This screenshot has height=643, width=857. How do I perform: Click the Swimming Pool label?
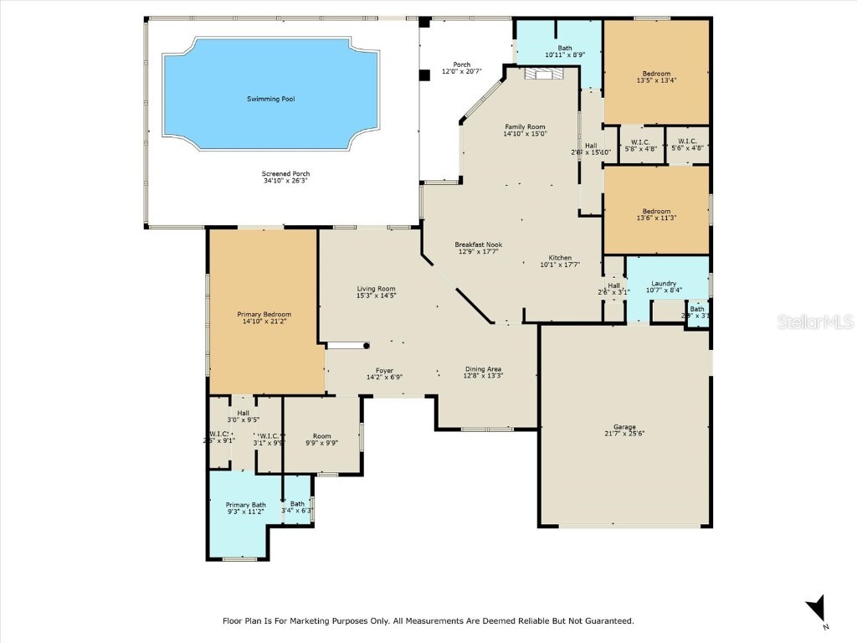click(x=270, y=99)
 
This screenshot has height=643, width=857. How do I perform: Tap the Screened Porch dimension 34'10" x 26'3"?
click(x=286, y=181)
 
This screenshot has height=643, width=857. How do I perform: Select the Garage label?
click(x=624, y=426)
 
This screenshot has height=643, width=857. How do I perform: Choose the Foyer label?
click(x=384, y=370)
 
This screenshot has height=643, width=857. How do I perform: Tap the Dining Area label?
click(x=484, y=368)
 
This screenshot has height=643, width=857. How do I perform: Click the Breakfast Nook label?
click(x=478, y=244)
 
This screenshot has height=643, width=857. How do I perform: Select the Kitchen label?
click(x=560, y=257)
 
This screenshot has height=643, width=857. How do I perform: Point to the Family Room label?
click(x=525, y=126)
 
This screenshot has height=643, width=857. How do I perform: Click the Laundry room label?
click(x=664, y=284)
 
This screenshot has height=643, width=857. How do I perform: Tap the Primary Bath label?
click(x=246, y=505)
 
